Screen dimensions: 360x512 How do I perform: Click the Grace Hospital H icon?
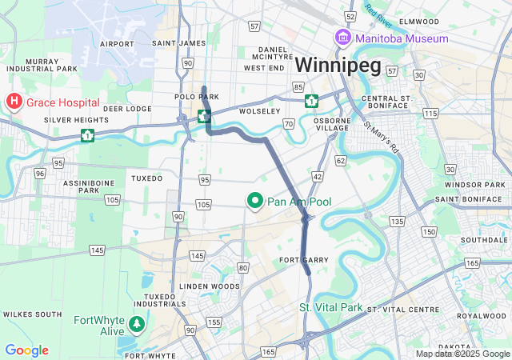pos(14,102)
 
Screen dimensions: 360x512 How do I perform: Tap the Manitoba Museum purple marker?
pos(342,38)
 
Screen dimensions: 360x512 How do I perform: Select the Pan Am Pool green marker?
pos(256,202)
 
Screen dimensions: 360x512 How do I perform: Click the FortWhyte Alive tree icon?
pos(138,324)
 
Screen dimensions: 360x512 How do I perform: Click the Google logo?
pos(26,350)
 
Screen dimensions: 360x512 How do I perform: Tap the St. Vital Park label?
pos(330,307)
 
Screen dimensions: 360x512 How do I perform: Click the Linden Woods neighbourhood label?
pos(210,286)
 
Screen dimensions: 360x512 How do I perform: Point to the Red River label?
pos(379,14)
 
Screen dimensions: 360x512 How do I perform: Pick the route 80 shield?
pos(242,267)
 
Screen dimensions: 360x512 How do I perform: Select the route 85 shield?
pos(298,86)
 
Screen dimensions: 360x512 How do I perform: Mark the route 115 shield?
pos(430,114)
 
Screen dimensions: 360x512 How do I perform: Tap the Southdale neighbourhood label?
pos(479,240)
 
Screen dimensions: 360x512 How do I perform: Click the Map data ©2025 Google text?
pos(462,354)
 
